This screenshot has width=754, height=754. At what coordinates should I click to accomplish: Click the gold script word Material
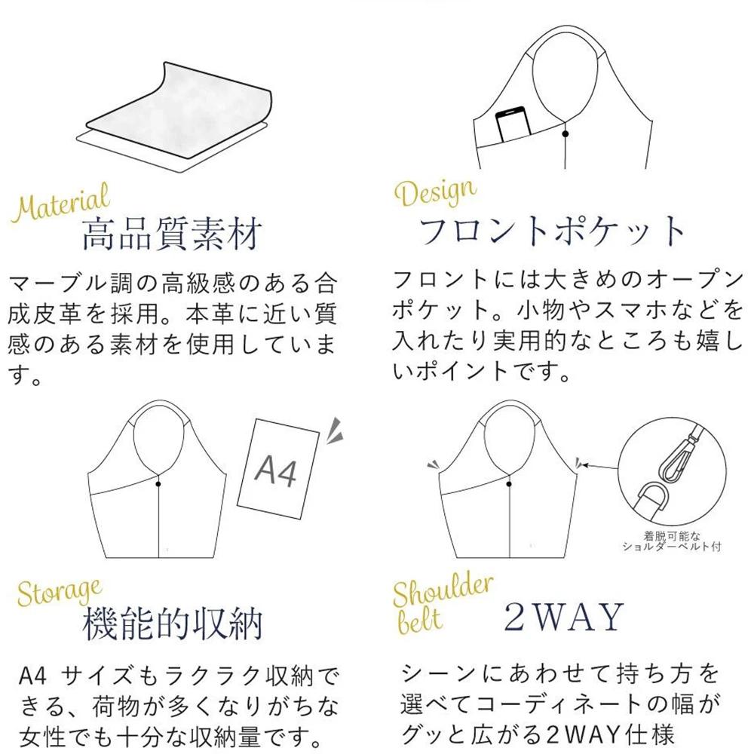point(61,202)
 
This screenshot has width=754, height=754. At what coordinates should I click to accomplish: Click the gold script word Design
point(435,192)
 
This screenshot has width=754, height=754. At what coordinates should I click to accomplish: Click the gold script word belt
point(418,621)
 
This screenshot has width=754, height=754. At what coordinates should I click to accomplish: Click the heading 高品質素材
point(172,234)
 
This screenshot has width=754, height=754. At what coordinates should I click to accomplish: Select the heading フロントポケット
point(552,231)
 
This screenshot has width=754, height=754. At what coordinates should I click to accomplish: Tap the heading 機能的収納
point(172,624)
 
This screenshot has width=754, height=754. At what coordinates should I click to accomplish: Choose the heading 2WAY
point(563,617)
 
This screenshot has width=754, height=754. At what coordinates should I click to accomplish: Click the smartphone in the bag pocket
point(513,125)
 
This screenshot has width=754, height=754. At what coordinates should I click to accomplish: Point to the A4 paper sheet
point(278,469)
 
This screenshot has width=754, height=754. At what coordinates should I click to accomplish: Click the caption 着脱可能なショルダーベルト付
point(672,541)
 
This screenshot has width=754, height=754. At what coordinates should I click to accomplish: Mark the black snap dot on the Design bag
point(565,133)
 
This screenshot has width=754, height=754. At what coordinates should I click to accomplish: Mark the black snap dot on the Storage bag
point(158,484)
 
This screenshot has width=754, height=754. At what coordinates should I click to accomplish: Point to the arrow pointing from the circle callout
point(599,467)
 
